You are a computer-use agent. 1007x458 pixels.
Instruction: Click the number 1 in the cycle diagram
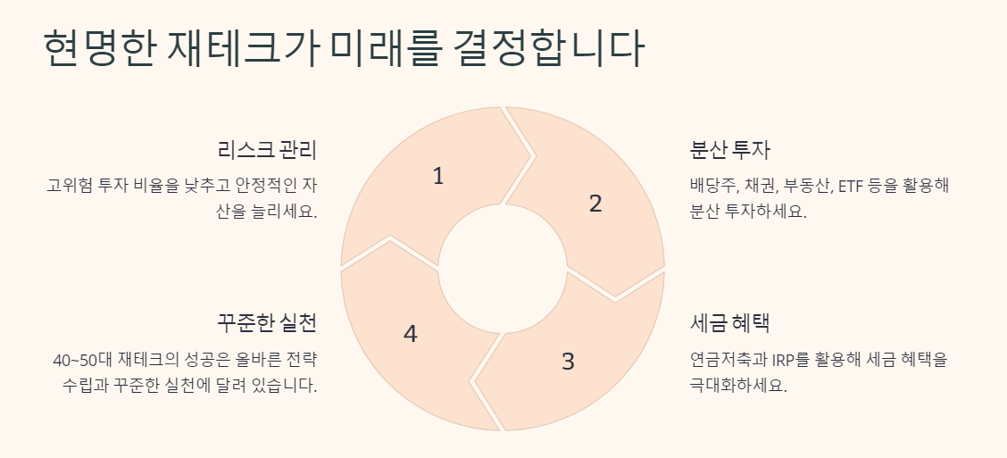pyautogui.click(x=437, y=177)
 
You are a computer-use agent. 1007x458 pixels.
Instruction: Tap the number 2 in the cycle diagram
pyautogui.click(x=595, y=204)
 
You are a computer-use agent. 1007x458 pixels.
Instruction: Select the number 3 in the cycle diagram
pyautogui.click(x=568, y=362)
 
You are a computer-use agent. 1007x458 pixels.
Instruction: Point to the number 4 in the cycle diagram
pyautogui.click(x=410, y=334)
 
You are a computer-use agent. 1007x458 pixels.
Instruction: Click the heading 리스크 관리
pyautogui.click(x=266, y=150)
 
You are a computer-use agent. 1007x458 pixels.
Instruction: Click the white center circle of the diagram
pyautogui.click(x=503, y=268)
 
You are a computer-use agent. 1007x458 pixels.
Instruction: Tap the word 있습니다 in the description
pyautogui.click(x=283, y=386)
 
